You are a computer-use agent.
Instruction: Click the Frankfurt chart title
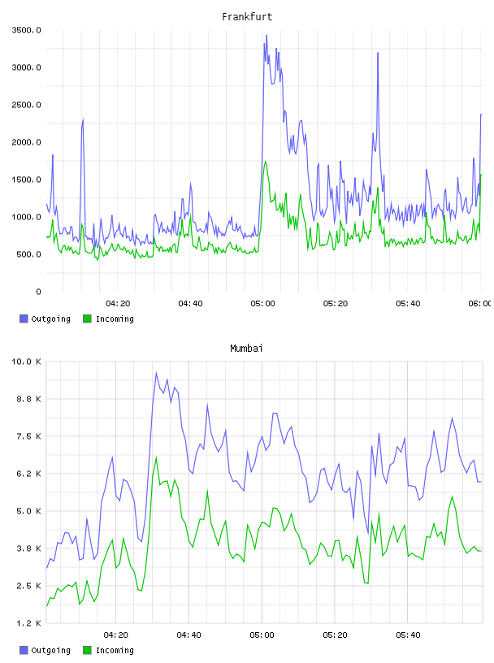click(x=247, y=17)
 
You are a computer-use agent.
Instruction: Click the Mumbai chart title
click(x=246, y=349)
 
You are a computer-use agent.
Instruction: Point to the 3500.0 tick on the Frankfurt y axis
click(x=26, y=30)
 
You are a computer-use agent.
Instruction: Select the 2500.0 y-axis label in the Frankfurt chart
click(x=26, y=105)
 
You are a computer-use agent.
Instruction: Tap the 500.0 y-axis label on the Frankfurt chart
click(x=28, y=254)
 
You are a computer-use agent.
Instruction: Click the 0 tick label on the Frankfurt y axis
click(x=38, y=292)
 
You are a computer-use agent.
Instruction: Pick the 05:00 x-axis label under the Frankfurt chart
click(x=262, y=304)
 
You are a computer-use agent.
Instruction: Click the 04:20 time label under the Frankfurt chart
click(x=118, y=304)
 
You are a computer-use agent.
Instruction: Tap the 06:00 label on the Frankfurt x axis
click(x=479, y=304)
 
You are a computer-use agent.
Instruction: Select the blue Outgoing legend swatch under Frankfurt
click(x=24, y=318)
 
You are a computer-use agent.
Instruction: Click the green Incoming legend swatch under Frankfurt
click(x=87, y=318)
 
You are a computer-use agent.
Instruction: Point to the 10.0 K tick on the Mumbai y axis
click(x=26, y=362)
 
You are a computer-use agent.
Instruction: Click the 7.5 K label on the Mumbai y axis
click(x=28, y=436)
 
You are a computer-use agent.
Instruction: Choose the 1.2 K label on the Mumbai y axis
click(x=28, y=623)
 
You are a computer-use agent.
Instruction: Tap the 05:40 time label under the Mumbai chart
click(x=408, y=635)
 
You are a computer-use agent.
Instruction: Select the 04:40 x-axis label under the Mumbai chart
click(x=189, y=635)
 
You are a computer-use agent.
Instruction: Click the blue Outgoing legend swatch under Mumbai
click(x=24, y=650)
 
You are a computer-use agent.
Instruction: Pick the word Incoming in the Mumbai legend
click(x=115, y=650)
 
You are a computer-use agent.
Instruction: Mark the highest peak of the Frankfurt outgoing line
click(x=266, y=36)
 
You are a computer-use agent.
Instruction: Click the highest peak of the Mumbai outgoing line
click(x=156, y=372)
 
